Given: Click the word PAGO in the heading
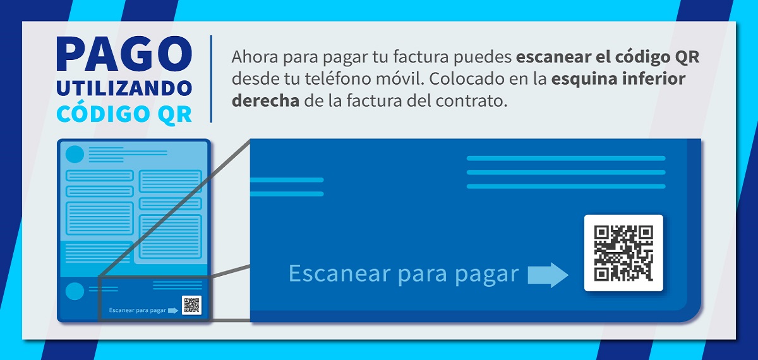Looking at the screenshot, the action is (x=124, y=54).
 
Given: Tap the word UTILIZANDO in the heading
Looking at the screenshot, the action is (x=124, y=88).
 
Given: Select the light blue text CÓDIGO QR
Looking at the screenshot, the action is (x=124, y=114).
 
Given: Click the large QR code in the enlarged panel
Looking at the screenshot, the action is (x=623, y=253).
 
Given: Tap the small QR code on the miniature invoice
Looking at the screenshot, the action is (x=191, y=305).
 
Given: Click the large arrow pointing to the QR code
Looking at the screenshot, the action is (x=548, y=275).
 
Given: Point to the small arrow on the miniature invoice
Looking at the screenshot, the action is (x=173, y=311).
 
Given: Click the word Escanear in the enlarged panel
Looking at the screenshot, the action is (x=339, y=273).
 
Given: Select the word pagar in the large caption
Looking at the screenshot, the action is (x=486, y=275).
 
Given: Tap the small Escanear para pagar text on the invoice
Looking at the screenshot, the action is (x=138, y=310).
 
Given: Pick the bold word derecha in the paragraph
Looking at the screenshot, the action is (x=265, y=100).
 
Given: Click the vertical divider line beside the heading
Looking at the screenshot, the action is (x=211, y=78).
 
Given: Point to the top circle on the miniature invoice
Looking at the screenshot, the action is (x=75, y=154).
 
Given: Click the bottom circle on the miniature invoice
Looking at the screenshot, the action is (x=75, y=291).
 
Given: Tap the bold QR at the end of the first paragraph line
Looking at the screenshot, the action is (x=687, y=57).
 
